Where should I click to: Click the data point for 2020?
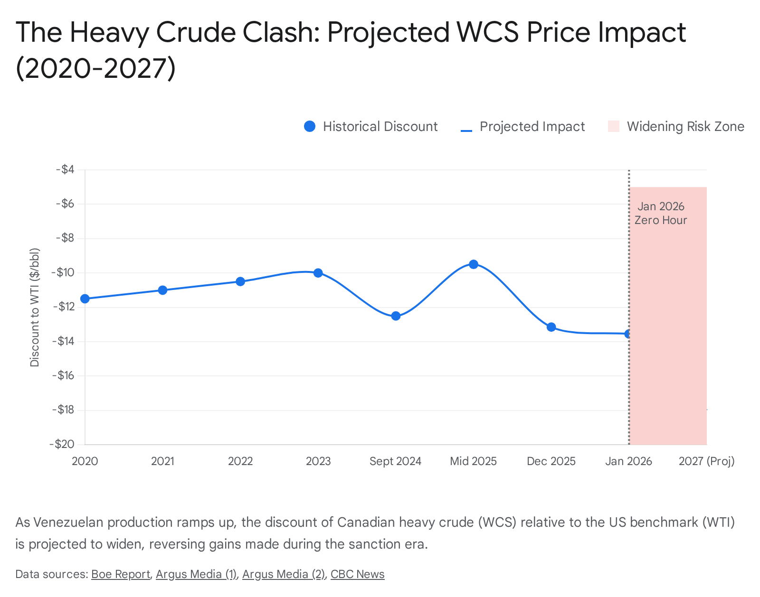pyautogui.click(x=85, y=298)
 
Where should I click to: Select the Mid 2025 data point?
pyautogui.click(x=474, y=264)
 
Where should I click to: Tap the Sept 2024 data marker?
pyautogui.click(x=396, y=316)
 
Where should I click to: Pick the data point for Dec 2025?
pyautogui.click(x=551, y=327)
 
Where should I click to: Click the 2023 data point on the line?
pyautogui.click(x=318, y=273)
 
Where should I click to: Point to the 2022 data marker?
pyautogui.click(x=240, y=281)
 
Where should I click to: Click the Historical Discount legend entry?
pyautogui.click(x=371, y=127)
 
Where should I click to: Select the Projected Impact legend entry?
pyautogui.click(x=523, y=127)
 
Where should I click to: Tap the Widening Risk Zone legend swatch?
pyautogui.click(x=614, y=127)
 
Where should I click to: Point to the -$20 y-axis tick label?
pyautogui.click(x=62, y=444)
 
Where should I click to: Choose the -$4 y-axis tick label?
pyautogui.click(x=66, y=169)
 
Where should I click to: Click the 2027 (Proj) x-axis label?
pyautogui.click(x=706, y=461)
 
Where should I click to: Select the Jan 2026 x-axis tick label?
pyautogui.click(x=628, y=461)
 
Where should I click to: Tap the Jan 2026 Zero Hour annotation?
pyautogui.click(x=661, y=213)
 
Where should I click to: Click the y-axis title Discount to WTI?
pyautogui.click(x=35, y=308)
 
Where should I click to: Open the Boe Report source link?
pyautogui.click(x=121, y=574)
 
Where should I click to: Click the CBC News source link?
pyautogui.click(x=357, y=574)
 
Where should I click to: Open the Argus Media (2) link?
pyautogui.click(x=284, y=574)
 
